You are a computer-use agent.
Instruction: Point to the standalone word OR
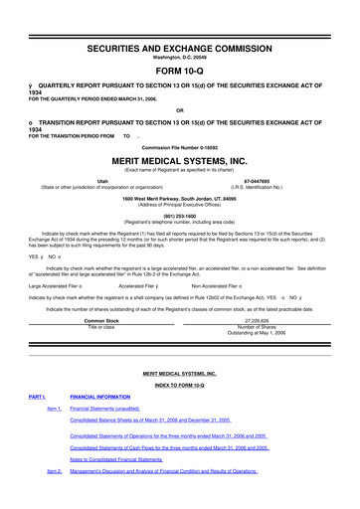[180, 110]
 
